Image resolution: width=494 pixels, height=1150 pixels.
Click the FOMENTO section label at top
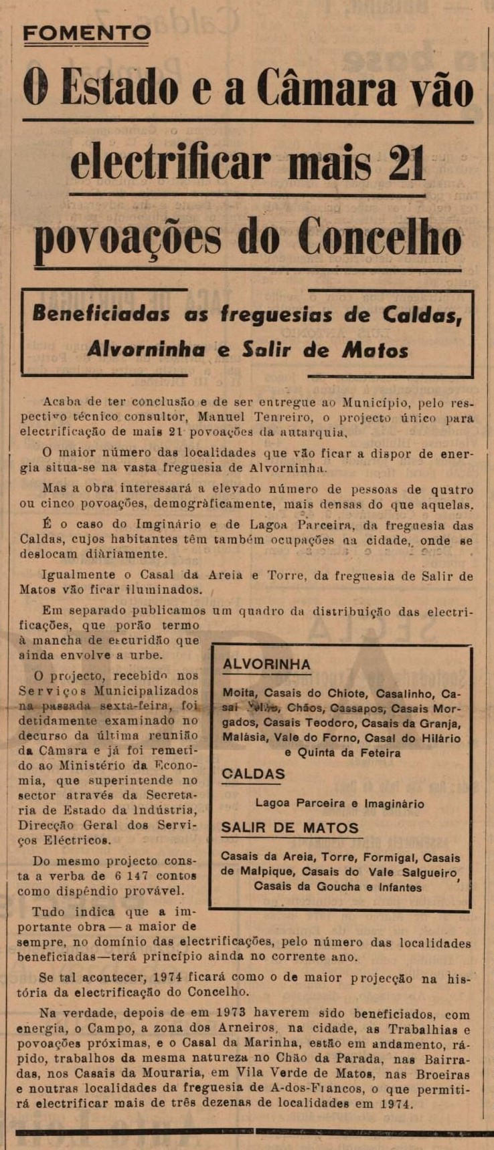87,33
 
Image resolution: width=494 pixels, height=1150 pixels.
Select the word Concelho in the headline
380,238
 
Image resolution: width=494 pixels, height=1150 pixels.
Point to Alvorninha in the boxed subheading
145,349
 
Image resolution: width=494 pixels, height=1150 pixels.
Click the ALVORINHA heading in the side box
266,664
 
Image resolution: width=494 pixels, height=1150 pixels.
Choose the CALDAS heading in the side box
253,774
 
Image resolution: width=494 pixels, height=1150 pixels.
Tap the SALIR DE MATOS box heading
290,828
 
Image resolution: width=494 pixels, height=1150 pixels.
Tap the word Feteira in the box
378,753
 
